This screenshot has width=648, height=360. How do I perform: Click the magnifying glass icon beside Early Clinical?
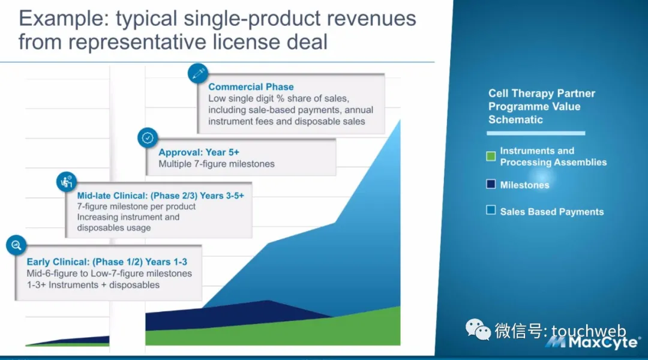[17, 245]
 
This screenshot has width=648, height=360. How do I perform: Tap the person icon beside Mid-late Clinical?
[67, 181]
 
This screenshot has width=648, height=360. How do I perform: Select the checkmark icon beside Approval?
[148, 137]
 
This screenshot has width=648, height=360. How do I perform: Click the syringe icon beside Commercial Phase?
[198, 74]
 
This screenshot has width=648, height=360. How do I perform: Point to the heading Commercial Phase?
[251, 87]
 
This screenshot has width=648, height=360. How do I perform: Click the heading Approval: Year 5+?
[199, 152]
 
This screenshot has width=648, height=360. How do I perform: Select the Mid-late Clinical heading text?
[160, 196]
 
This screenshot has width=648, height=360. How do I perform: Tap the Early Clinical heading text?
[107, 262]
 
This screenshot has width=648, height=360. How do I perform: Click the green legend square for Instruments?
[491, 156]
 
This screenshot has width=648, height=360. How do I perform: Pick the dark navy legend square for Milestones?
[491, 184]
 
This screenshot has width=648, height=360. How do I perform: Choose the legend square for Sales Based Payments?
[491, 210]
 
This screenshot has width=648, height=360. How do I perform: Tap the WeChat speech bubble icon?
[478, 329]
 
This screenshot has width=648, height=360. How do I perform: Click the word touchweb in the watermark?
[589, 331]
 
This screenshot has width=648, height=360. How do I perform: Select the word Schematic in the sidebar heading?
[515, 120]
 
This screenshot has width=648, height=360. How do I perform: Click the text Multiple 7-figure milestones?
[217, 164]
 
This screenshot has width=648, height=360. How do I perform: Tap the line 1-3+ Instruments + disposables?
[93, 285]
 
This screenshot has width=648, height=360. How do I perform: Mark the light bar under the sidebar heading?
[536, 133]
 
